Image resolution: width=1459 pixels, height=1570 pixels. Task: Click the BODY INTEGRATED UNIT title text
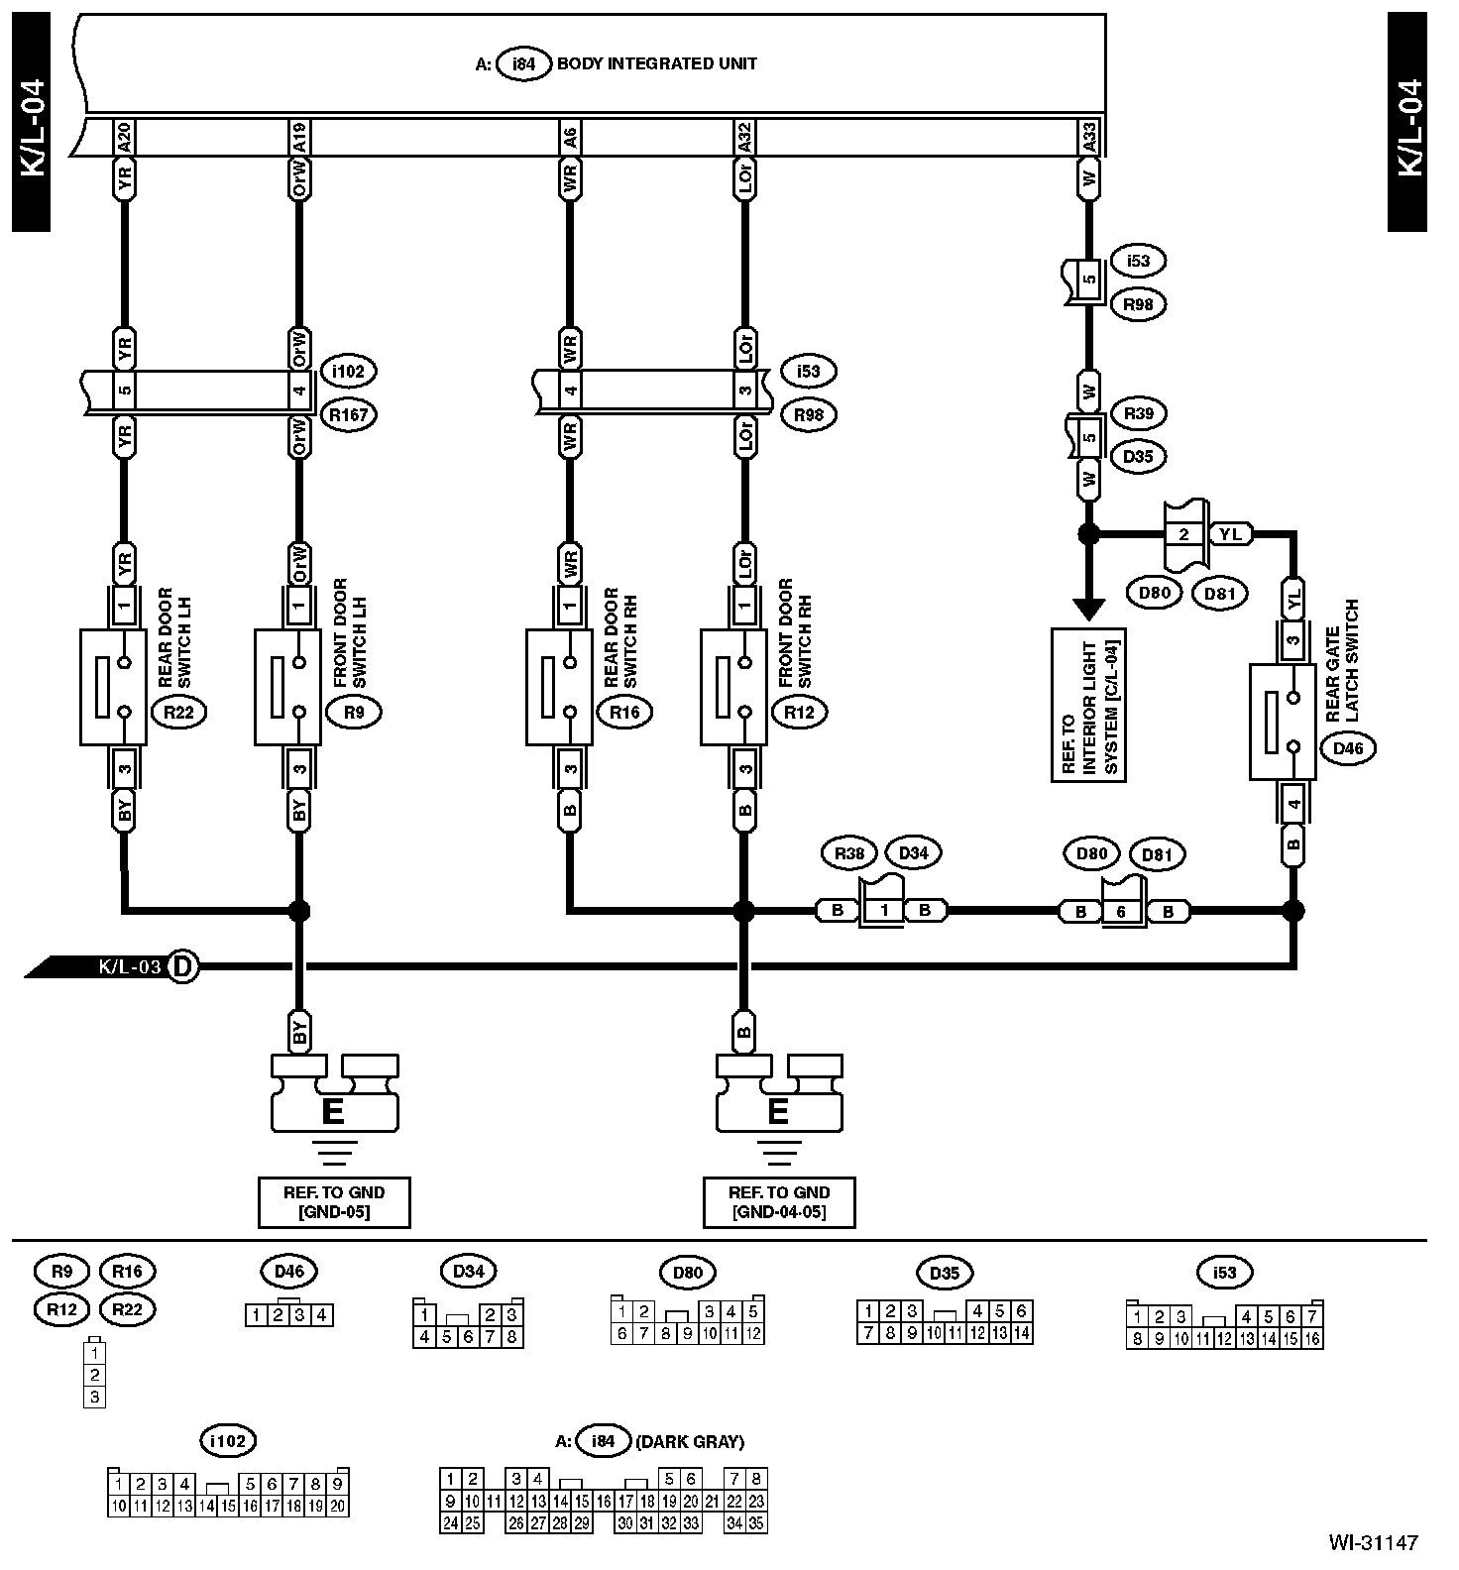tap(656, 63)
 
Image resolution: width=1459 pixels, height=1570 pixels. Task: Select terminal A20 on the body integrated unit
tap(124, 137)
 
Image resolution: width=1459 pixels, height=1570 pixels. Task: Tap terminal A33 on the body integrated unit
tap(1089, 137)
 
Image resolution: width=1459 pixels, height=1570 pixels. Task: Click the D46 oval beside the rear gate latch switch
tap(1348, 748)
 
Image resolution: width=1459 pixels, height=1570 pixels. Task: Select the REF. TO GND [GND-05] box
tap(333, 1202)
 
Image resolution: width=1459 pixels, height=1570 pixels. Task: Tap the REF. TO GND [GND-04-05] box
tap(778, 1202)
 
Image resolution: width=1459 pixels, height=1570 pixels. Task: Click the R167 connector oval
tap(350, 414)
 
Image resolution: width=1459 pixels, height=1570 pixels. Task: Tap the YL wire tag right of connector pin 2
tap(1230, 533)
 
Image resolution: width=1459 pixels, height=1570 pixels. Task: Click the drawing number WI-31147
tap(1373, 1542)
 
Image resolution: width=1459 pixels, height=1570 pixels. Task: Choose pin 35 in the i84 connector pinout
tap(756, 1522)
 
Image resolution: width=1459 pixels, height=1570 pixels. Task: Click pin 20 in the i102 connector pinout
tap(338, 1506)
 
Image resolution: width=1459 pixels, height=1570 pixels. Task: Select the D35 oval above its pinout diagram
tap(945, 1273)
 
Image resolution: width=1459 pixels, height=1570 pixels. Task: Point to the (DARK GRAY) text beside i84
tap(691, 1441)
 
